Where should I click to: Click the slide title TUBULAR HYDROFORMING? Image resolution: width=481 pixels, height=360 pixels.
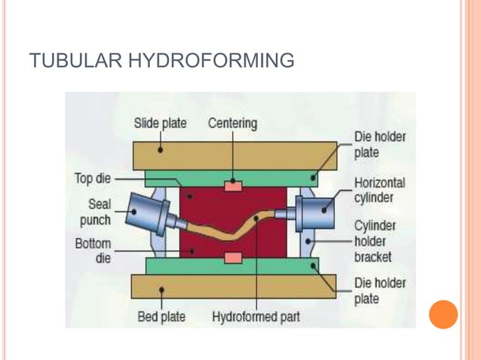161,60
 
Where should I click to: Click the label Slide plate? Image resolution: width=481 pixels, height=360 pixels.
160,123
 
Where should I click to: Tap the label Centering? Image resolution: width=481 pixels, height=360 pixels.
232,123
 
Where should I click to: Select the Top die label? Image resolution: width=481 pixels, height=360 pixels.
92,179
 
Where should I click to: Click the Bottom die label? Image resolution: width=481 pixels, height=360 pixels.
93,251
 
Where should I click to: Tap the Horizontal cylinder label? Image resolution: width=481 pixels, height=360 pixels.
379,190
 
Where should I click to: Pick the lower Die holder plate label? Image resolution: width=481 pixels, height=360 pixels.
379,290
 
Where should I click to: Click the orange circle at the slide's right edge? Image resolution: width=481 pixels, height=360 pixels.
443,314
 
